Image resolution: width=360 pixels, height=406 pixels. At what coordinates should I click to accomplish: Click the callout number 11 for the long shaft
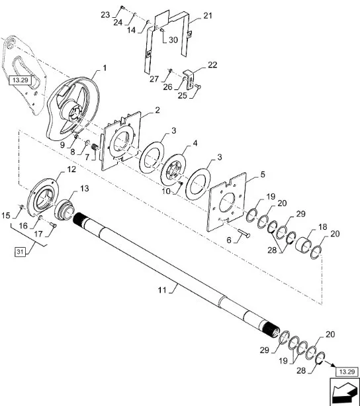[x=162, y=289]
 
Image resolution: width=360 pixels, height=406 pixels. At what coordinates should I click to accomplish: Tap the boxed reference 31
[x=21, y=252]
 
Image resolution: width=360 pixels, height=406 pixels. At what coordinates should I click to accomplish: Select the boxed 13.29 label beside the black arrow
[x=347, y=372]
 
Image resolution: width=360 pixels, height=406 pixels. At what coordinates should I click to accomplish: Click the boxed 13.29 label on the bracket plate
[x=20, y=80]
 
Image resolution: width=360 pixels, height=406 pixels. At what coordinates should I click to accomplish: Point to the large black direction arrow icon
[x=345, y=391]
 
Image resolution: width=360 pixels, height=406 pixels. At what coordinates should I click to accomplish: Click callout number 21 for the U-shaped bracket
[x=207, y=16]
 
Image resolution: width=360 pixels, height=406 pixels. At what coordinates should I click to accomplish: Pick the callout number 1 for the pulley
[x=105, y=68]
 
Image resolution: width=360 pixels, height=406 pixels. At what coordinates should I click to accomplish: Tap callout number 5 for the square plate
[x=263, y=174]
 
